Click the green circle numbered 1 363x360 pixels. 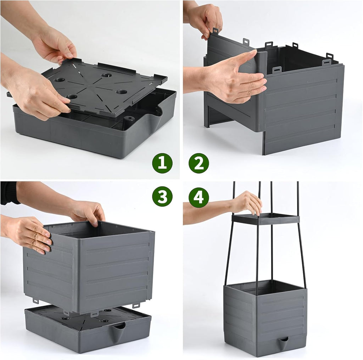tap(162, 163)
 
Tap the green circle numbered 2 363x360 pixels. tap(199, 163)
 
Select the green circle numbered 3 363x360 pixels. tap(162, 196)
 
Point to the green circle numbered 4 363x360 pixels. tap(199, 197)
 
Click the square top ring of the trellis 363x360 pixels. tap(266, 219)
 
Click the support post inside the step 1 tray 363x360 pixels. tap(129, 120)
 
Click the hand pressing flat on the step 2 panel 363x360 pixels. tap(234, 78)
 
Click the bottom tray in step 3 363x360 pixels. tap(88, 328)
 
